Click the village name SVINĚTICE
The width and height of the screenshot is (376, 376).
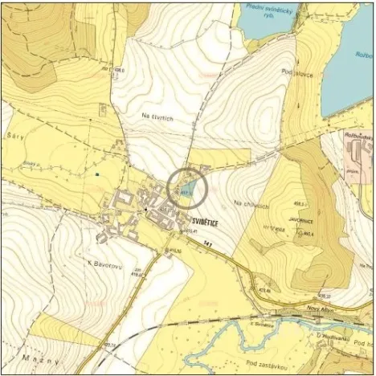click(x=207, y=217)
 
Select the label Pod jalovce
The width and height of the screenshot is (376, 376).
click(x=305, y=73)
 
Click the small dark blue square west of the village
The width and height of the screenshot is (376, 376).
click(x=97, y=174)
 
